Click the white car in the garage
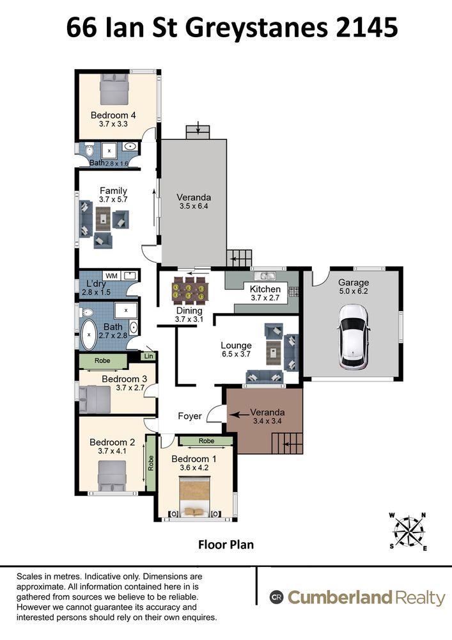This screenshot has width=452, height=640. click(x=354, y=337)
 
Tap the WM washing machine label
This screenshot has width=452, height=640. click(x=111, y=275)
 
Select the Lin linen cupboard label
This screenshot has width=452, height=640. click(x=149, y=356)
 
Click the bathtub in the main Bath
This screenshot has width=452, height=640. click(x=89, y=335)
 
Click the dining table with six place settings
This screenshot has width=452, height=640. click(x=189, y=291)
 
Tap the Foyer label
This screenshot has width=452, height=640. click(x=190, y=416)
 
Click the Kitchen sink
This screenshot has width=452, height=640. click(x=265, y=275)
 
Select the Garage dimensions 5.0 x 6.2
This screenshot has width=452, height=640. click(x=354, y=291)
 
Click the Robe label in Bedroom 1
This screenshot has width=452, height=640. click(x=207, y=441)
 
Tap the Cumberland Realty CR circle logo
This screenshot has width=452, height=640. click(x=276, y=598)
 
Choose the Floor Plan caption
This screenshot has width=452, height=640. click(x=226, y=545)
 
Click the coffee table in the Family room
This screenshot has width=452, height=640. click(x=103, y=219)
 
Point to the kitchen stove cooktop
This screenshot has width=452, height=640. click(x=294, y=291)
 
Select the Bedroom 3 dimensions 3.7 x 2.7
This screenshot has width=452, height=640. click(x=130, y=388)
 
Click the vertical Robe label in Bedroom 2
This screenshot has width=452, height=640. click(x=151, y=463)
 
